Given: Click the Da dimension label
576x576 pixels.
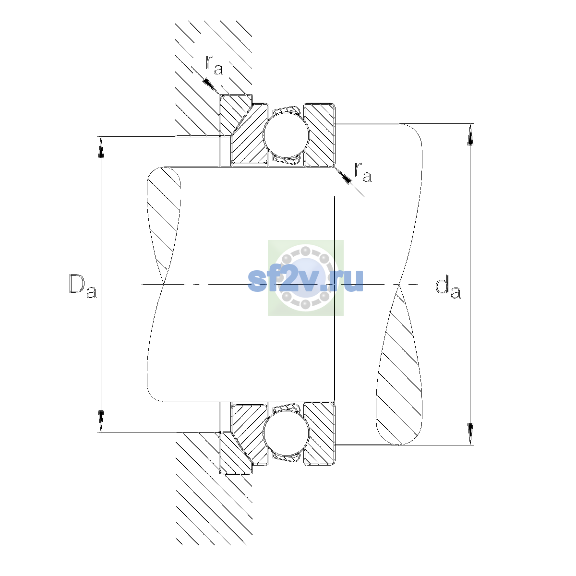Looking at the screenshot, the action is (x=83, y=286).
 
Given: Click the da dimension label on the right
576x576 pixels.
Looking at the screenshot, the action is (x=448, y=288).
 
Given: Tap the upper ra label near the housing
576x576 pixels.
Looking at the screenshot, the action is (x=214, y=65).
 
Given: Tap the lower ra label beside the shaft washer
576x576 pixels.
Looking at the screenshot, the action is (x=363, y=172).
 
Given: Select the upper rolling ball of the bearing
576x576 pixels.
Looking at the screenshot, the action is (x=286, y=135).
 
